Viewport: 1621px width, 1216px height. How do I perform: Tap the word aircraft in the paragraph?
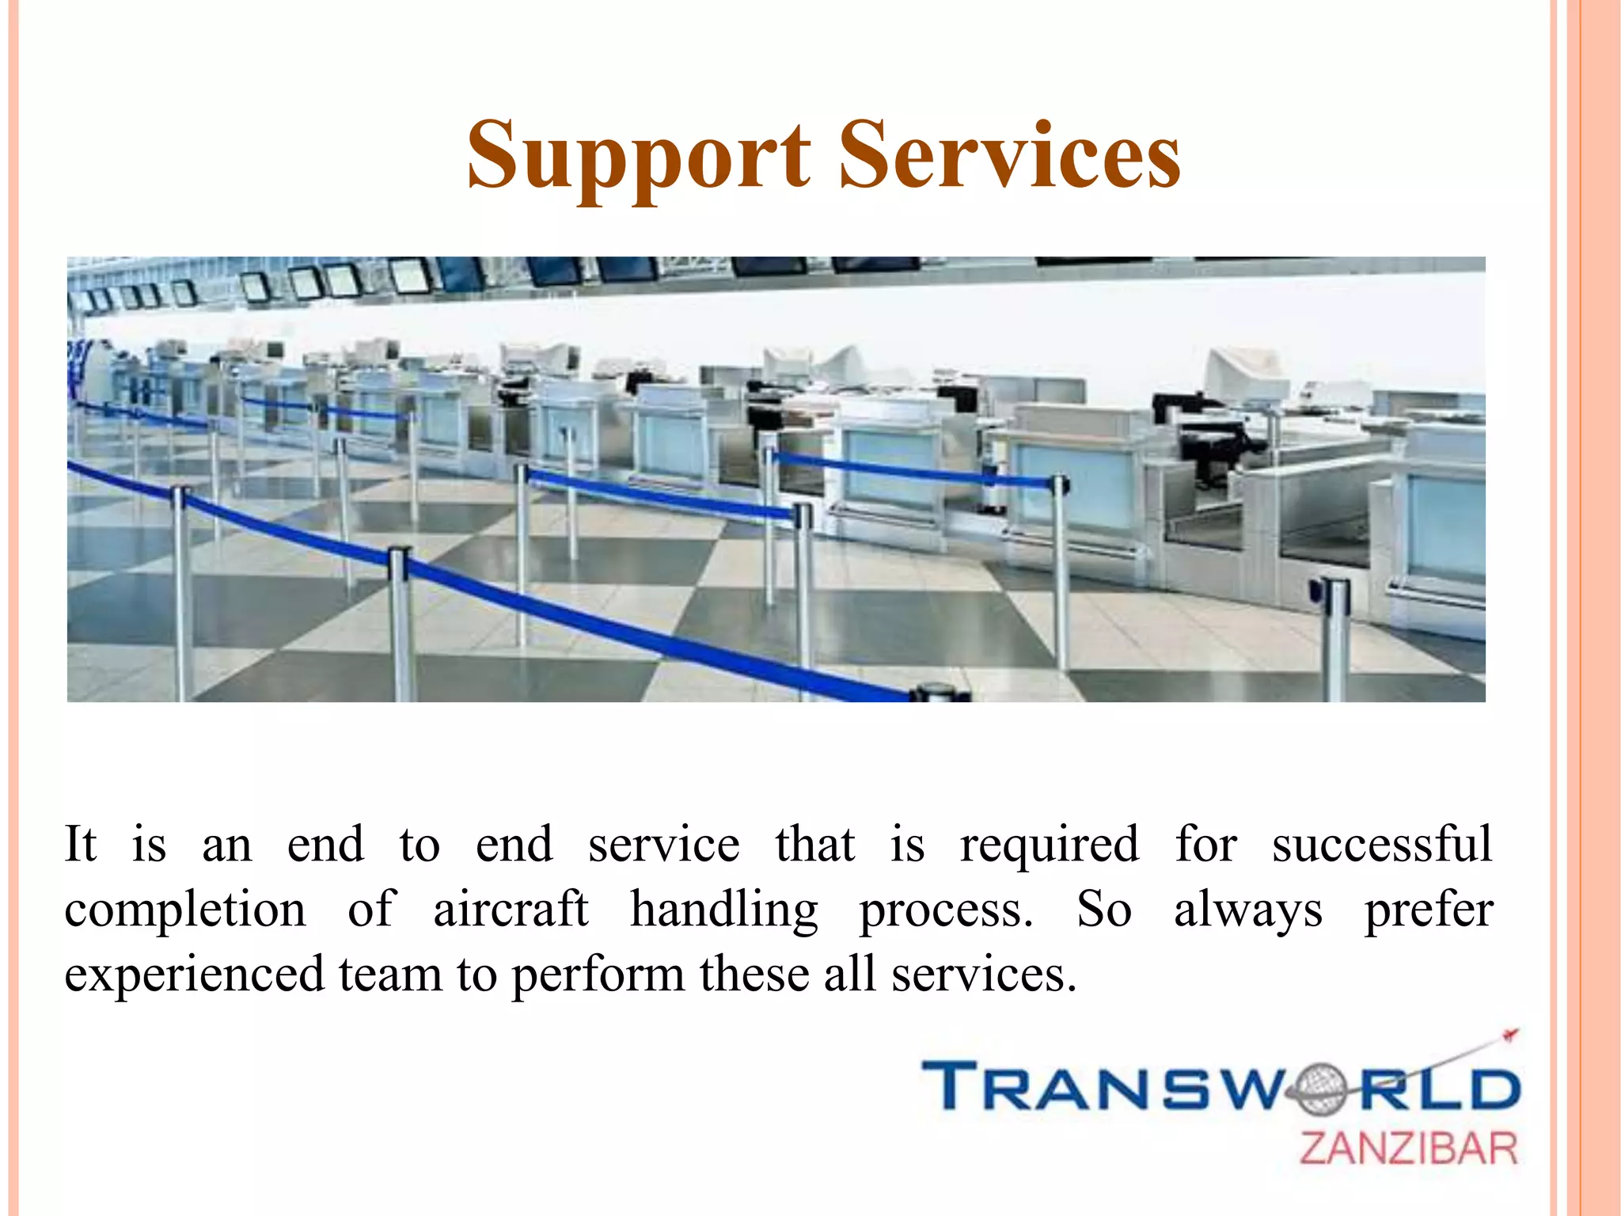point(511,910)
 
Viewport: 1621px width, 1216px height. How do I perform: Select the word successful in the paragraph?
point(1381,845)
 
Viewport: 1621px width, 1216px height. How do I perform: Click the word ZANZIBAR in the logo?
point(1408,1149)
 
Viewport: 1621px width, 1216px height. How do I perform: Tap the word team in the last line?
point(390,975)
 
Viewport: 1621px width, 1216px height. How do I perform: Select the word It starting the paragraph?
point(80,845)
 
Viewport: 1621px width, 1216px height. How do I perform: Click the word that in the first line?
point(814,845)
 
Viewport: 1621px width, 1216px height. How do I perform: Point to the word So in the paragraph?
point(1103,910)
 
